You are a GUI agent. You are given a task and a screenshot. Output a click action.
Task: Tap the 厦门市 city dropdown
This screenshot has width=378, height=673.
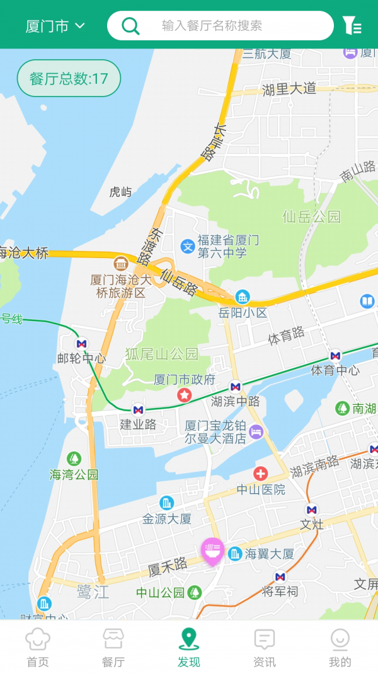tap(55, 26)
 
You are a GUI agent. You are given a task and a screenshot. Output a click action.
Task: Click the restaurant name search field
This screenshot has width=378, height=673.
tap(220, 26)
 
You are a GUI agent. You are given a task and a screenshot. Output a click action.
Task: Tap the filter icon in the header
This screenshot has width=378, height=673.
tap(352, 26)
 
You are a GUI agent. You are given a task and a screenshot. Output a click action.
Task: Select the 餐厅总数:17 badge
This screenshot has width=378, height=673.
tap(69, 78)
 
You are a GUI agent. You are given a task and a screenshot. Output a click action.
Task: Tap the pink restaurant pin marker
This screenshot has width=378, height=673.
tap(212, 551)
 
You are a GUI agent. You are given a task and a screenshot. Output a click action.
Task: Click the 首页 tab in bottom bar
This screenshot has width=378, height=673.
tap(37, 647)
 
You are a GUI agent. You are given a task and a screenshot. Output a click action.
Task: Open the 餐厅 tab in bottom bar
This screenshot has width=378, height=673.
tap(113, 647)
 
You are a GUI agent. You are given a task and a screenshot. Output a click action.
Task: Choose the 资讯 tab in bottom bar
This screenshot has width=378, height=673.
tap(264, 647)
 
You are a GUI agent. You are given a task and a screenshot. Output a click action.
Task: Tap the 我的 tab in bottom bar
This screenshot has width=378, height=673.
tap(340, 647)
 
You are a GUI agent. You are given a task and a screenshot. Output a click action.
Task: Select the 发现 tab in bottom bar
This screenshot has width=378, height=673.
tap(188, 647)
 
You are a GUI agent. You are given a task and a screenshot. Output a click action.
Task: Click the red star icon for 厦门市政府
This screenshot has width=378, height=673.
tap(184, 395)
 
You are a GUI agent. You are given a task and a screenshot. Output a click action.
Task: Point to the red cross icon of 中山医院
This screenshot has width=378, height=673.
tap(260, 473)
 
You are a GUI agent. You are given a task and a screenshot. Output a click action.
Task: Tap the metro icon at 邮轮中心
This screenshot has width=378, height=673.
tap(81, 344)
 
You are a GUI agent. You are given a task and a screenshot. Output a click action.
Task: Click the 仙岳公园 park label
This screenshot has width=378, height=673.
tap(311, 217)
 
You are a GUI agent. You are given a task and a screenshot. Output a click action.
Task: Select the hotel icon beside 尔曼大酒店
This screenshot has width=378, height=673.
tap(256, 431)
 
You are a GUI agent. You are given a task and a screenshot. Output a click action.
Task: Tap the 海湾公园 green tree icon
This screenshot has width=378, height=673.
tap(74, 459)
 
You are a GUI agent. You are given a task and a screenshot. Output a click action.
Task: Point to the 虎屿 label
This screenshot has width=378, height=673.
tap(120, 192)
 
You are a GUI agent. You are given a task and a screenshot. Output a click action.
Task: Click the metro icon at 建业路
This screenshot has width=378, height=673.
tap(138, 409)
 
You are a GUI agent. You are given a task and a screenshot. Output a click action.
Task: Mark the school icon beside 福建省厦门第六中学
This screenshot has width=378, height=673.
tap(187, 246)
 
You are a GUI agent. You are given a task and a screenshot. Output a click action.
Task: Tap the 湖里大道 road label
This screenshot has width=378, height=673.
tap(289, 89)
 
